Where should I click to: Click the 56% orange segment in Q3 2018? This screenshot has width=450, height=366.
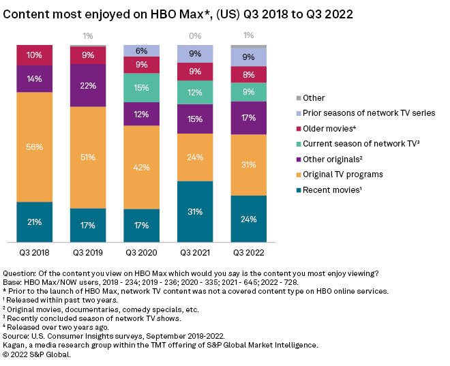[x=35, y=147]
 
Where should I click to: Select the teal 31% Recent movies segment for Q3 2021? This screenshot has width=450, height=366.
[x=195, y=211]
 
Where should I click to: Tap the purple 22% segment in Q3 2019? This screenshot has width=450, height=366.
[x=88, y=85]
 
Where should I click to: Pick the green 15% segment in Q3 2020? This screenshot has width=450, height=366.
[x=142, y=88]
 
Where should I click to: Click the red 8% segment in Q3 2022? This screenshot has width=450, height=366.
[x=248, y=74]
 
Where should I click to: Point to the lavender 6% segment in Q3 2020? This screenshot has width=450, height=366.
[x=142, y=50]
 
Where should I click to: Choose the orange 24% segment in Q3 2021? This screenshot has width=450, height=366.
[x=195, y=157]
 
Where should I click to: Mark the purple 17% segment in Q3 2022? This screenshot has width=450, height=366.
[x=248, y=118]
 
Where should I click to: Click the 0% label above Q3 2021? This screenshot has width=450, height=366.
[x=195, y=35]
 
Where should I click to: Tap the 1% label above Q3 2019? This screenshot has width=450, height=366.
[x=88, y=35]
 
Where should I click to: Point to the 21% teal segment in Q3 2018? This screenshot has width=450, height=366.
[x=35, y=222]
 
